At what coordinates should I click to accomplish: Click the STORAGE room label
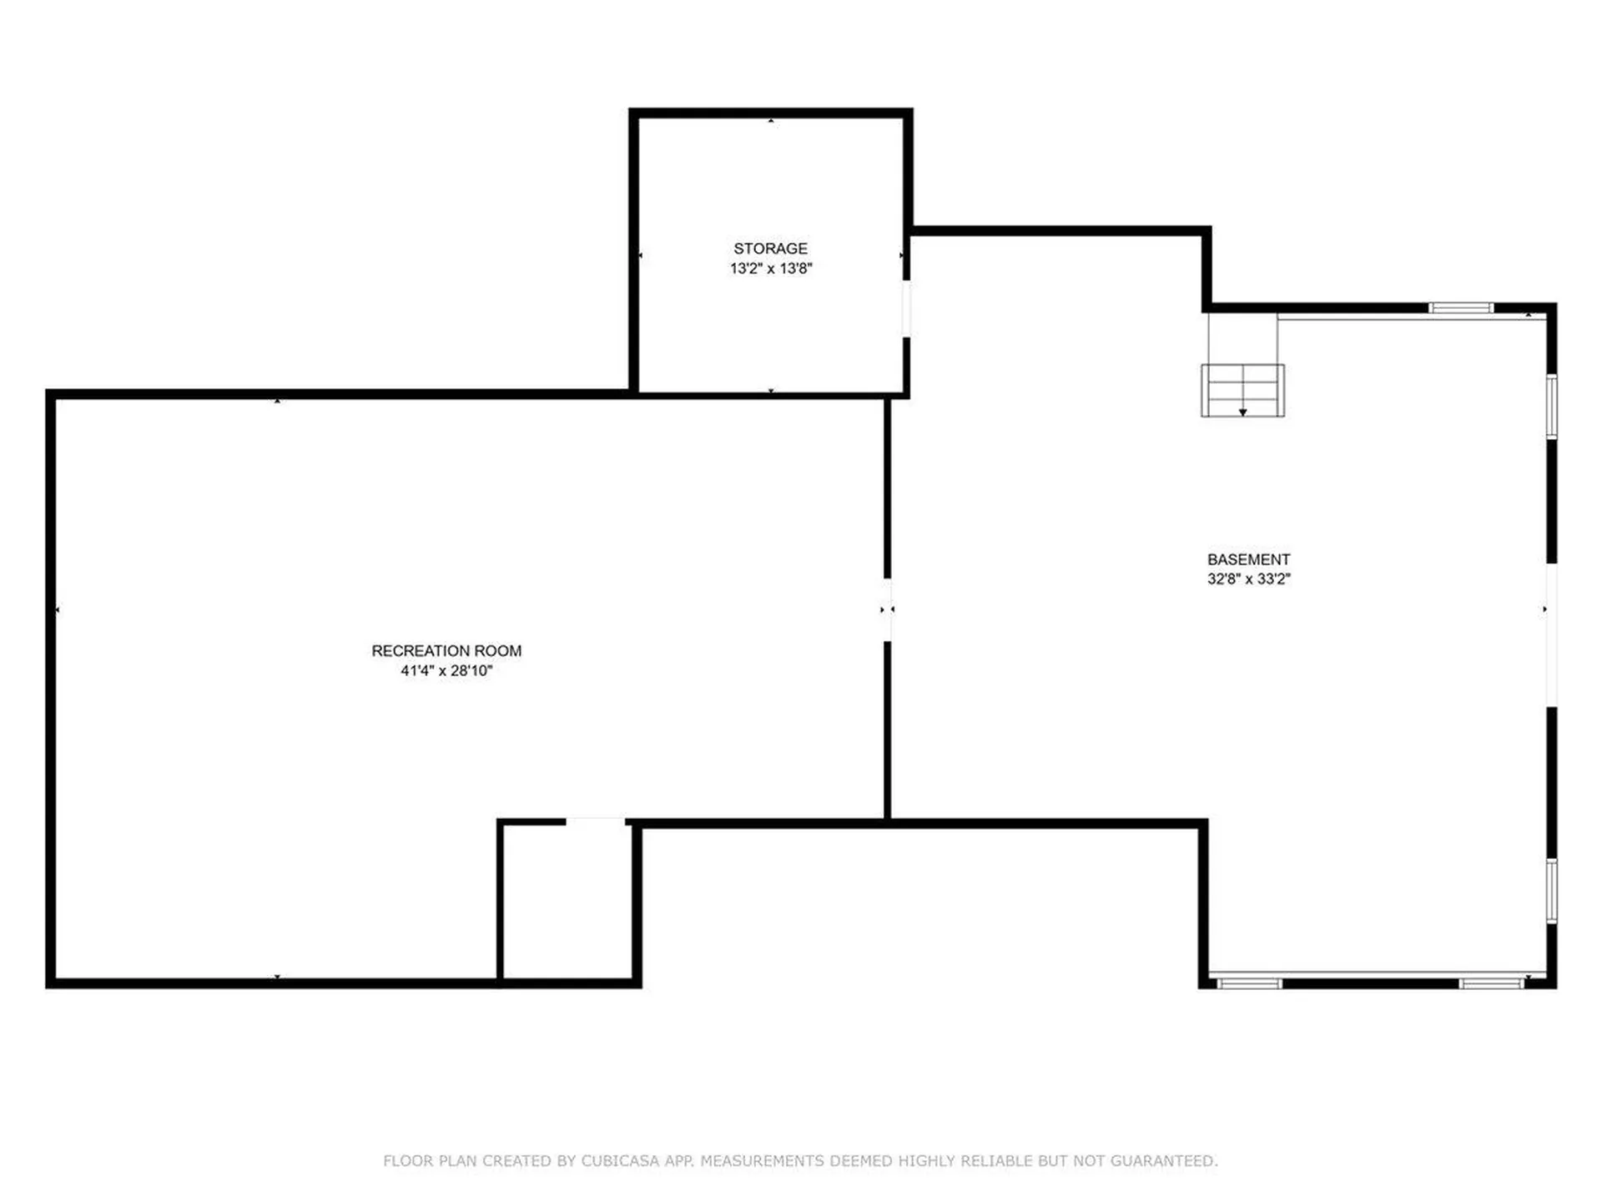click(770, 249)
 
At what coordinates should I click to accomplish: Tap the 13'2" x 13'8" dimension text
click(770, 269)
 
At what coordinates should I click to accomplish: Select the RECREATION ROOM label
click(446, 651)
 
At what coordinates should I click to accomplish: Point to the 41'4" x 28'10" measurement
click(446, 671)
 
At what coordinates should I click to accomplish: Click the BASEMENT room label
click(1248, 560)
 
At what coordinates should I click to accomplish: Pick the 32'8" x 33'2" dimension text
click(1248, 579)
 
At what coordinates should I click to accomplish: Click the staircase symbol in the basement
click(1242, 390)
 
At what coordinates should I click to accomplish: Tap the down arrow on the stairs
click(1242, 412)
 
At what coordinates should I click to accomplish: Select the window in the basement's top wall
click(1460, 308)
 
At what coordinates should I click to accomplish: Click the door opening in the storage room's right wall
click(906, 309)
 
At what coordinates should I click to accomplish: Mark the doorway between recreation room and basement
click(887, 610)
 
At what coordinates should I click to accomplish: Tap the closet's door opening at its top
click(595, 823)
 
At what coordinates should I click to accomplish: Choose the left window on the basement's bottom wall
click(1249, 984)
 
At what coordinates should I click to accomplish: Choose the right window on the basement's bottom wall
click(1492, 984)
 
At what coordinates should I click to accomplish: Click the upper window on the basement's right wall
click(1552, 407)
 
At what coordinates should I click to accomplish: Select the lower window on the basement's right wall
click(1552, 891)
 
